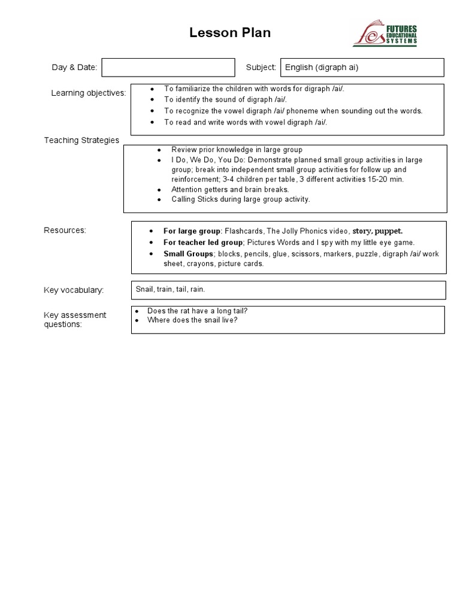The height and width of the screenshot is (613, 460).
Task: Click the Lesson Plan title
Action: pos(230,33)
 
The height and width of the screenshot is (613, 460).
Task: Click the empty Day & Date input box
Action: pos(168,68)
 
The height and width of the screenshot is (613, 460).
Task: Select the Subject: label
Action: pos(261,68)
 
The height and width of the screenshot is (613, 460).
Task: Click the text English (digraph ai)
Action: pos(322,68)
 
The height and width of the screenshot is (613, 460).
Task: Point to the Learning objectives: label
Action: pos(89,93)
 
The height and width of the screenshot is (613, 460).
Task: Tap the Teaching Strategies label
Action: pos(81,140)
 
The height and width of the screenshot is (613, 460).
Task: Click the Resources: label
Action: pos(65,230)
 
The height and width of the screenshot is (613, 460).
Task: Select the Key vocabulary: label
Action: pos(74,290)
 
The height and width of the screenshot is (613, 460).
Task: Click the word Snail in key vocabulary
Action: pos(144,289)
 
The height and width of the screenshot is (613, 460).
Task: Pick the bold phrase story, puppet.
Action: pos(377,230)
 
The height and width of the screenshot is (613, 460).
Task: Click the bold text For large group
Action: pos(192,230)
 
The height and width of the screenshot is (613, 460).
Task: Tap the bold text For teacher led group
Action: pos(203,242)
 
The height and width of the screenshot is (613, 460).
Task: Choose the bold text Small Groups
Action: pos(188,254)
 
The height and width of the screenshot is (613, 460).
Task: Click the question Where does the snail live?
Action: pos(192,320)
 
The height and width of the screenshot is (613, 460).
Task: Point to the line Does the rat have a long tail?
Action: pos(197,311)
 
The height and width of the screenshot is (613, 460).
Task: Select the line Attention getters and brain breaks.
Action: pos(230,189)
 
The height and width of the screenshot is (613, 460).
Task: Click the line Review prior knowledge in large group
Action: pos(237,150)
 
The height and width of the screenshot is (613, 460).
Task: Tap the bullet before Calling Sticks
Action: pos(159,199)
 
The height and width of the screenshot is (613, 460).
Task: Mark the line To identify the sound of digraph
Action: pos(225,99)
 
